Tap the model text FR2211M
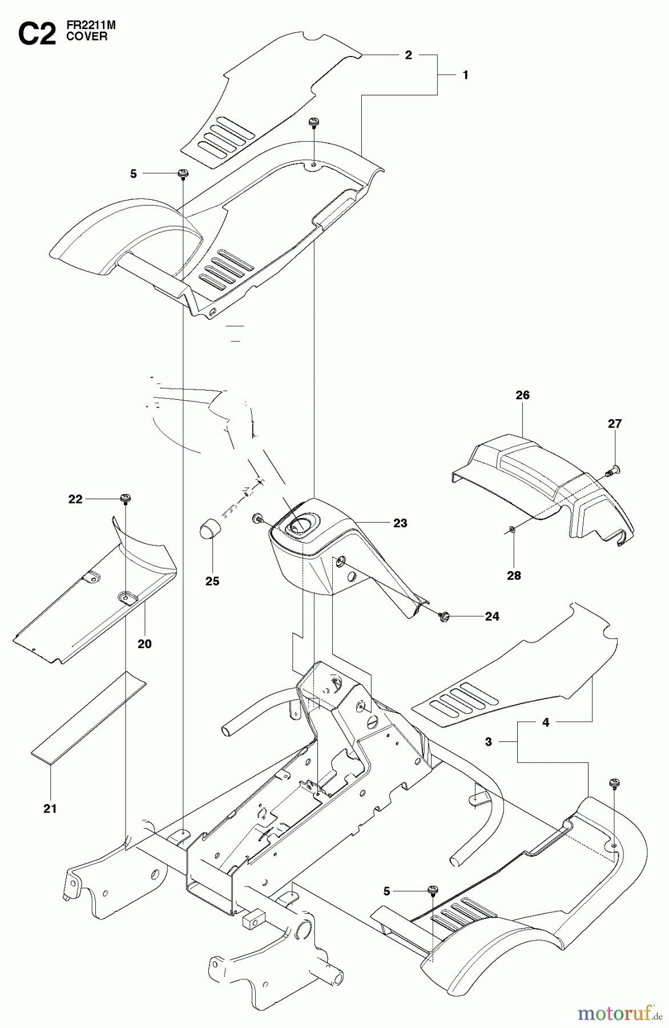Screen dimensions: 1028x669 (91, 26)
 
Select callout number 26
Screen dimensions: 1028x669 (522, 395)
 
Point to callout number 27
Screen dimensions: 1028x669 (615, 424)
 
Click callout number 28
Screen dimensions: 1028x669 (514, 575)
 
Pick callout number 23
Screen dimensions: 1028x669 (400, 523)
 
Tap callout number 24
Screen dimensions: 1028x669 (491, 617)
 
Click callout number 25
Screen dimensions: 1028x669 (212, 581)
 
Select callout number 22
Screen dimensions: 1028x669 (75, 499)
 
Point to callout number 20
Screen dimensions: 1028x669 (144, 644)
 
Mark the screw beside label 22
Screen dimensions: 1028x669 (124, 499)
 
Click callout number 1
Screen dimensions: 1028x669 (465, 75)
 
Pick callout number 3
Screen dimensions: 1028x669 (488, 742)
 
